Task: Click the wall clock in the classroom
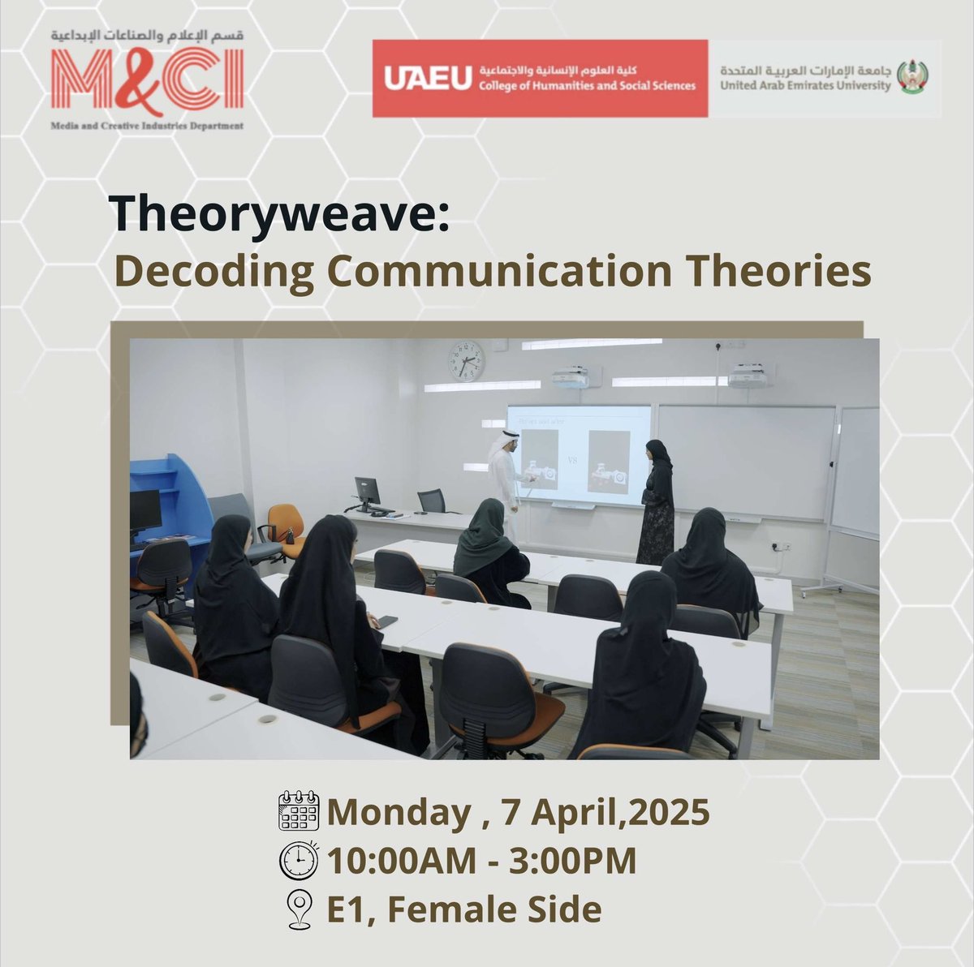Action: click(466, 361)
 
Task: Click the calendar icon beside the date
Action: click(299, 811)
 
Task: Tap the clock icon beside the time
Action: click(299, 860)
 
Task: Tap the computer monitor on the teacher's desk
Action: click(367, 492)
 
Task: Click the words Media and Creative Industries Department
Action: click(146, 127)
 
